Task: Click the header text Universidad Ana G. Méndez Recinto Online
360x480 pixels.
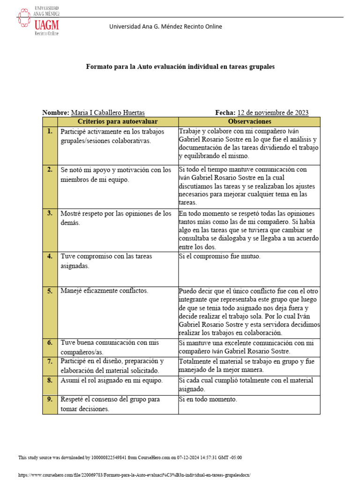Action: [165, 27]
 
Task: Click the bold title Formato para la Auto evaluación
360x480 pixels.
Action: [180, 67]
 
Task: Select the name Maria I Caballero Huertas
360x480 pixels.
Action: [107, 112]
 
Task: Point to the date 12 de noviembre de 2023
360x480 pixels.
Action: [273, 112]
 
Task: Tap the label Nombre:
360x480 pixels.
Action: [55, 112]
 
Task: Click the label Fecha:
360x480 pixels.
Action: [225, 112]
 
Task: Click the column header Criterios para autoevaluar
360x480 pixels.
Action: [117, 121]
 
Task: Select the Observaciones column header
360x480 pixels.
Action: [249, 121]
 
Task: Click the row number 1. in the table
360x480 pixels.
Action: [49, 132]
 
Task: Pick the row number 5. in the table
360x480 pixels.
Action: [49, 291]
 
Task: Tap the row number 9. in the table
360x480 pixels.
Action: [49, 400]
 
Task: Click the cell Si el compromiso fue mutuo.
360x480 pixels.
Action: [219, 256]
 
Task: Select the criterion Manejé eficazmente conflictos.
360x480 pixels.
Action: [104, 291]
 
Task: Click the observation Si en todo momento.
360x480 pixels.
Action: [208, 400]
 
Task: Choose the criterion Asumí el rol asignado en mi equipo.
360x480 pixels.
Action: [111, 381]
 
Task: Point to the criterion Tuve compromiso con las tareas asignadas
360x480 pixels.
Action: [106, 261]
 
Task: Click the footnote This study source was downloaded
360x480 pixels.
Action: [130, 457]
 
